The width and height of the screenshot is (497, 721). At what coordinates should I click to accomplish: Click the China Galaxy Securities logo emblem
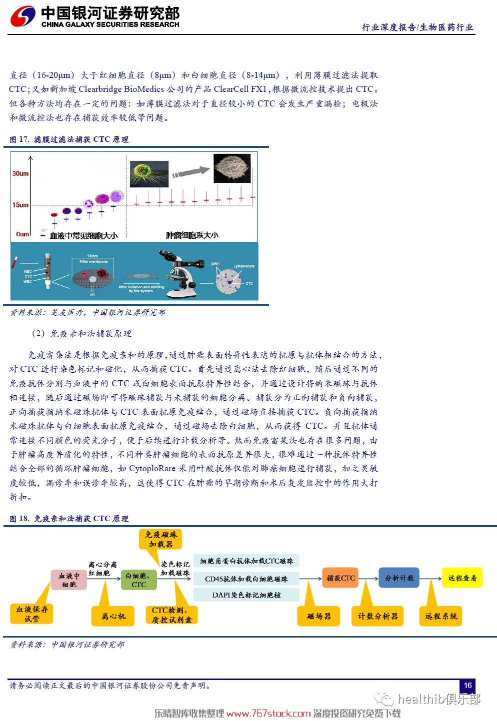point(23,16)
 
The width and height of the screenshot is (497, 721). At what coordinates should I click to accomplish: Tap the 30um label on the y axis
point(20,173)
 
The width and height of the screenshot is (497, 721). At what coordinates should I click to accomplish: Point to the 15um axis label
point(20,205)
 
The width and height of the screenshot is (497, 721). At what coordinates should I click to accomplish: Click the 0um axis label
point(22,234)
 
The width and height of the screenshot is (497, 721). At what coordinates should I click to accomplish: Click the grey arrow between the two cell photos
point(190,172)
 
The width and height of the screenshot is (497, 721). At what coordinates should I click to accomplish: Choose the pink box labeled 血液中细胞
point(69,580)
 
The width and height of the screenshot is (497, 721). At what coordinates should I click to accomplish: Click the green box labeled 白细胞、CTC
point(138,580)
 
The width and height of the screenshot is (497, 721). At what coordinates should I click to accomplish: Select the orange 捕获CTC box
point(340,578)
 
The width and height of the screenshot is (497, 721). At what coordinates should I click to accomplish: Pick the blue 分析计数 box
point(399,578)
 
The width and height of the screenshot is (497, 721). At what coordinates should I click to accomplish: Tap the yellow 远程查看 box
point(462,578)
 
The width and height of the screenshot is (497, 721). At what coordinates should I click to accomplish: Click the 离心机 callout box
point(113,616)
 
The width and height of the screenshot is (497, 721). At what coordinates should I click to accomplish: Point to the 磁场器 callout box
point(319,616)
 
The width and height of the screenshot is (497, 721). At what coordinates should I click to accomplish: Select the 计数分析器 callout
point(377,616)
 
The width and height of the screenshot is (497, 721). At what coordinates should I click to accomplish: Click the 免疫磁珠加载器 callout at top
point(160,539)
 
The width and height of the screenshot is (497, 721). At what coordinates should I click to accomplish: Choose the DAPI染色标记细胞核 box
point(246,595)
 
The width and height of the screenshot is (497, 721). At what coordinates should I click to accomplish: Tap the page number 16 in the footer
point(467,686)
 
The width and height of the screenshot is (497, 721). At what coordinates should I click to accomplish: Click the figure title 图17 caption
point(69,139)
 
